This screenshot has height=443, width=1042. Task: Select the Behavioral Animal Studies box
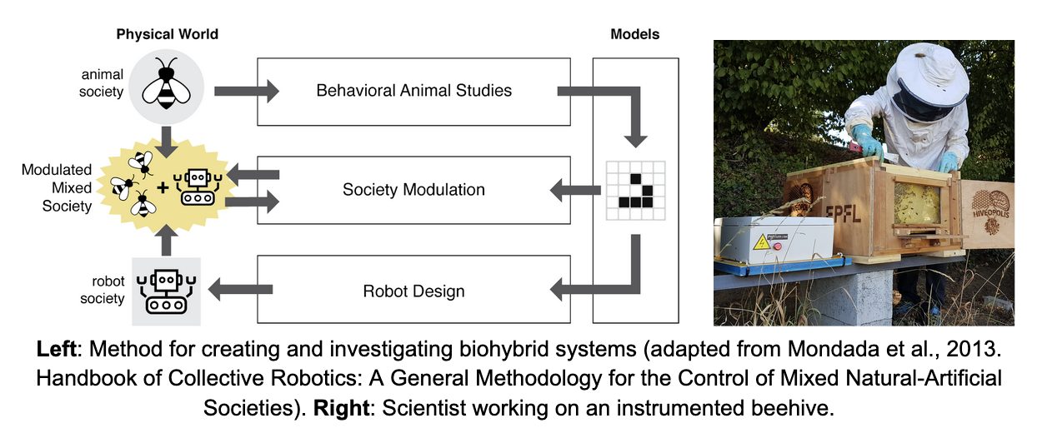tap(413, 90)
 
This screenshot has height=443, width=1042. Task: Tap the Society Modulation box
tap(413, 190)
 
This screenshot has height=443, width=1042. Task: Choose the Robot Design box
tap(413, 291)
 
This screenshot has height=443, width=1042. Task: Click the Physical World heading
tap(167, 35)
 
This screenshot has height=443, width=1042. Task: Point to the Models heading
tap(634, 35)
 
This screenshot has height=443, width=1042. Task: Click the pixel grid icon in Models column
tap(634, 190)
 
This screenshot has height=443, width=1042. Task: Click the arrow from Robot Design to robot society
tap(239, 290)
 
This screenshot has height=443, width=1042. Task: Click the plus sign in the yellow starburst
tap(162, 187)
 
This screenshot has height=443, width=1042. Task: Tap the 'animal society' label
tap(101, 83)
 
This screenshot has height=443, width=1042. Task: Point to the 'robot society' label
tap(103, 290)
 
